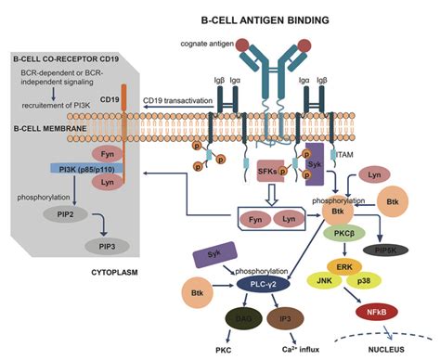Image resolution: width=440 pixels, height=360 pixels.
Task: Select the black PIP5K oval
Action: point(396,250)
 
